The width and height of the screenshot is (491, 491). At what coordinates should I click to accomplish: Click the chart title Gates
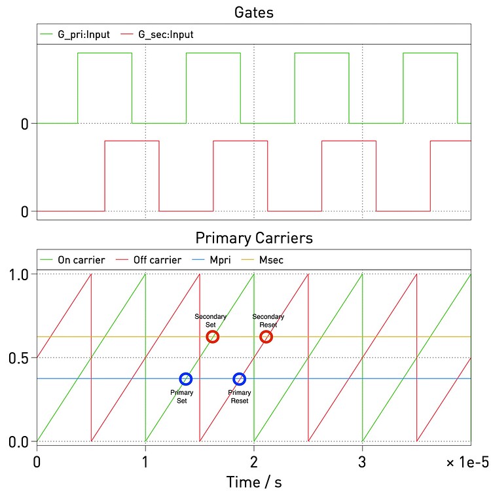pos(253,12)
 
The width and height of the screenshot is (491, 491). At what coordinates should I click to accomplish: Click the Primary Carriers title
pos(253,237)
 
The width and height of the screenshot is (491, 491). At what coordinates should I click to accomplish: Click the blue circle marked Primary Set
pos(186,378)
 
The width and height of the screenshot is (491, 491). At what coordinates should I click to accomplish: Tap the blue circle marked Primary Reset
pos(240,378)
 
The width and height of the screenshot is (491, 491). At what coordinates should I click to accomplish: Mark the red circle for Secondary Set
pos(213,336)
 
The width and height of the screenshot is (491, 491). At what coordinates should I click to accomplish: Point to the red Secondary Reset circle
pos(266,336)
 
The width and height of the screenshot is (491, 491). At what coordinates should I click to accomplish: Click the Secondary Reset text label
pos(268,320)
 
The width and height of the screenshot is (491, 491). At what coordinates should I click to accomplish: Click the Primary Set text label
pos(182,397)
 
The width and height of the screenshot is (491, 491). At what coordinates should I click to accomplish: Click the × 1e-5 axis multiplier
pos(467,463)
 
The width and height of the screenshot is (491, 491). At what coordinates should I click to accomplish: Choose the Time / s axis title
pos(253,482)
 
